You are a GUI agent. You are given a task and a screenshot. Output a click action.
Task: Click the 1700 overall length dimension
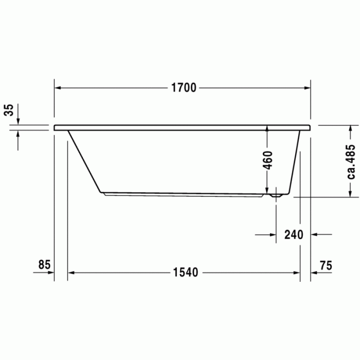(x=184, y=88)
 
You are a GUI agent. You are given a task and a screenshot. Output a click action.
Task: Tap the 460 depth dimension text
(x=267, y=161)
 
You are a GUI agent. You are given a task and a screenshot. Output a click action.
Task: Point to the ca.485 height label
(x=351, y=161)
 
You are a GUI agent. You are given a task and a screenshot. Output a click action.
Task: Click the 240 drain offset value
(x=294, y=235)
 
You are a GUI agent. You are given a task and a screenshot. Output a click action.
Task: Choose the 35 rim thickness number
(x=9, y=110)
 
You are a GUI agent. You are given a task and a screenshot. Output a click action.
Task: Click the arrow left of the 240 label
(x=272, y=235)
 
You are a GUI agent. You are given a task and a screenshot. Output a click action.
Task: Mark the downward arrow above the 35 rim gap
(x=18, y=121)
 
